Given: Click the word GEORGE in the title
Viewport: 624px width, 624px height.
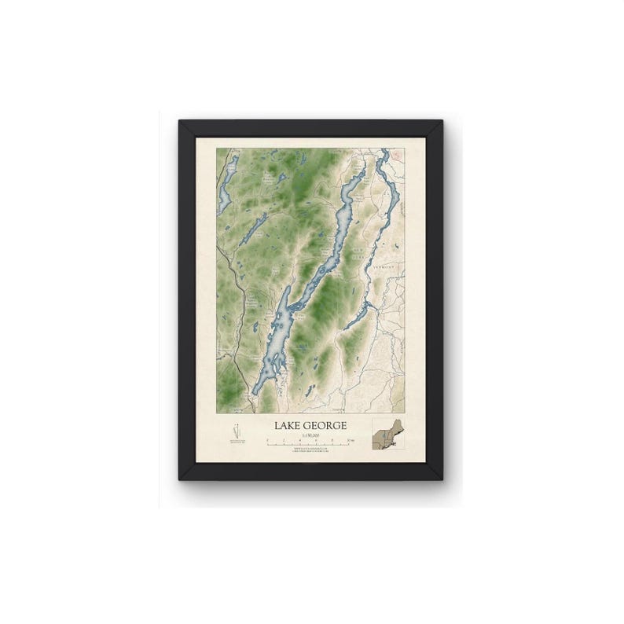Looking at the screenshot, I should pos(328,425).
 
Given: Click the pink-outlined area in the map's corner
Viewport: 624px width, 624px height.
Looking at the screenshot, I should pos(400,154).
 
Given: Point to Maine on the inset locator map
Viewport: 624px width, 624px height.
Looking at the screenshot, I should pos(396,424).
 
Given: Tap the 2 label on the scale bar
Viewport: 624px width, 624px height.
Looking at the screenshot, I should pos(285,442).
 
